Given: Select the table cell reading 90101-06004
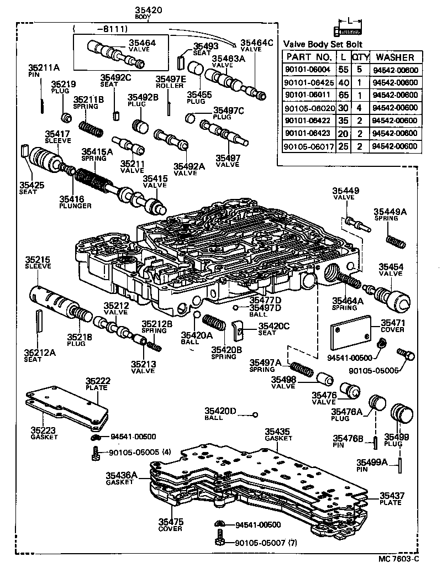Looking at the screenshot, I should (x=308, y=70).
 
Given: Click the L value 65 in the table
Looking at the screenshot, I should (x=344, y=95).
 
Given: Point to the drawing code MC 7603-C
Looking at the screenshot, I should (x=399, y=559).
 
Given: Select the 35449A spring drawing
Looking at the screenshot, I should (x=395, y=242).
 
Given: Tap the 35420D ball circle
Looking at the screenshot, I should (x=255, y=415).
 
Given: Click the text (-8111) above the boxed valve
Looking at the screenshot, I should (x=103, y=28).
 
